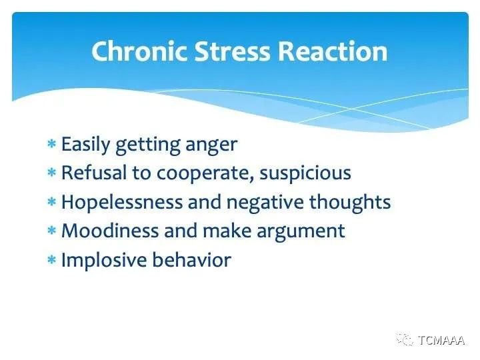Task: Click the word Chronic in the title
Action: click(139, 51)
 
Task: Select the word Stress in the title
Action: click(233, 51)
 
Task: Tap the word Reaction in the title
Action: click(333, 51)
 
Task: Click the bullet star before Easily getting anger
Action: click(52, 143)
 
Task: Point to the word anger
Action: click(211, 145)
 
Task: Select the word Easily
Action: click(85, 145)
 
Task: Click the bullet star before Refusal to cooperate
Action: click(52, 173)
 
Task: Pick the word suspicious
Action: click(305, 173)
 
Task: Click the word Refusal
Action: click(94, 173)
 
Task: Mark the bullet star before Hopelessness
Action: click(52, 202)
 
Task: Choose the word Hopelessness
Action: click(122, 203)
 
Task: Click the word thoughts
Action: click(350, 203)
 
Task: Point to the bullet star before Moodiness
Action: click(52, 230)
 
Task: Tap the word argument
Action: click(301, 232)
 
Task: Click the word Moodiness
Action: click(110, 230)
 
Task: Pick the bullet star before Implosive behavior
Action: click(52, 259)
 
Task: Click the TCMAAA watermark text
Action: click(441, 340)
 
